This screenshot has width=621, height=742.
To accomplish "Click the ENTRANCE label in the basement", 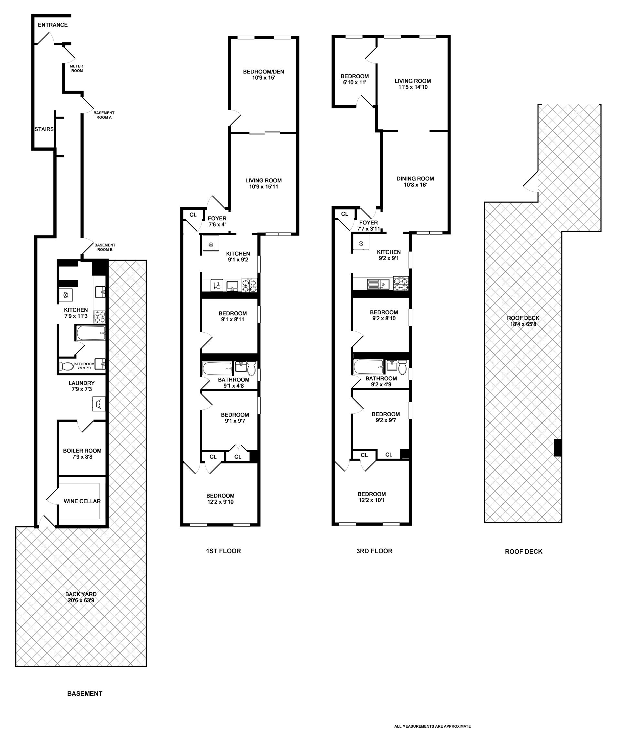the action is click(x=53, y=25).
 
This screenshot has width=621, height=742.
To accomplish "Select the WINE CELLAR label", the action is click(x=82, y=501).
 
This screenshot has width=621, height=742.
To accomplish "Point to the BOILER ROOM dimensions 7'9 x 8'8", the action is click(x=82, y=457).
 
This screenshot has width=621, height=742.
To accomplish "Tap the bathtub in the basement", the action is click(x=90, y=333).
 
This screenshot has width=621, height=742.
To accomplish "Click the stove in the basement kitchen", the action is click(x=99, y=317).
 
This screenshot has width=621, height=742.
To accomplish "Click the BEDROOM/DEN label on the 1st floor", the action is click(x=263, y=72).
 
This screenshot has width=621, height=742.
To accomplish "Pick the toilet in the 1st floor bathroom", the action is click(x=251, y=368).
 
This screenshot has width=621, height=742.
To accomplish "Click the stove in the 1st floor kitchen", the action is click(x=249, y=285).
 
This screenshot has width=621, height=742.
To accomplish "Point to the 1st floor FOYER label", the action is click(x=217, y=218).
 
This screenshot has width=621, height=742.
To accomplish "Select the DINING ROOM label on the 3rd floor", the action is click(x=415, y=178).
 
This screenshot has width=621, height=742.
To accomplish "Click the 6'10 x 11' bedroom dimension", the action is click(x=354, y=82).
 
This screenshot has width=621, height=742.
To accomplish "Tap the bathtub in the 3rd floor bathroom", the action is click(x=368, y=367).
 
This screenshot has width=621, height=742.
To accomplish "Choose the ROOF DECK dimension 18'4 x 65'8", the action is click(x=523, y=324).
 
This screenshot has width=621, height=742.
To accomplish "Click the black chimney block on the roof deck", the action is click(x=558, y=447).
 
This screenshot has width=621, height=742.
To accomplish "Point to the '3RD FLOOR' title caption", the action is click(x=374, y=551).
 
